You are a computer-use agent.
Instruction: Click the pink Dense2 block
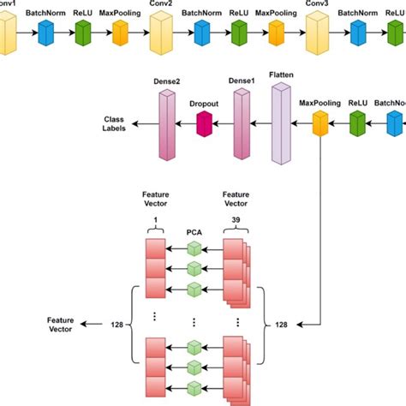pyautogui.click(x=166, y=124)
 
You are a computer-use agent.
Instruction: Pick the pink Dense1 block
pyautogui.click(x=241, y=125)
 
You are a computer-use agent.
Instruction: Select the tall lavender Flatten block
pyautogui.click(x=281, y=123)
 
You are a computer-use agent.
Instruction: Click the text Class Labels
pyautogui.click(x=115, y=123)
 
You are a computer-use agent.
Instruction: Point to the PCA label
pyautogui.click(x=194, y=230)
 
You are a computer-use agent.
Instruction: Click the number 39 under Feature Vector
pyautogui.click(x=236, y=219)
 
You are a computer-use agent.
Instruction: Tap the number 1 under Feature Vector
pyautogui.click(x=155, y=219)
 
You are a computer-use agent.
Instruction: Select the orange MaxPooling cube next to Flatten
pyautogui.click(x=320, y=127)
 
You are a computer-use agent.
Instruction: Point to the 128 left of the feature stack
pyautogui.click(x=116, y=324)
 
